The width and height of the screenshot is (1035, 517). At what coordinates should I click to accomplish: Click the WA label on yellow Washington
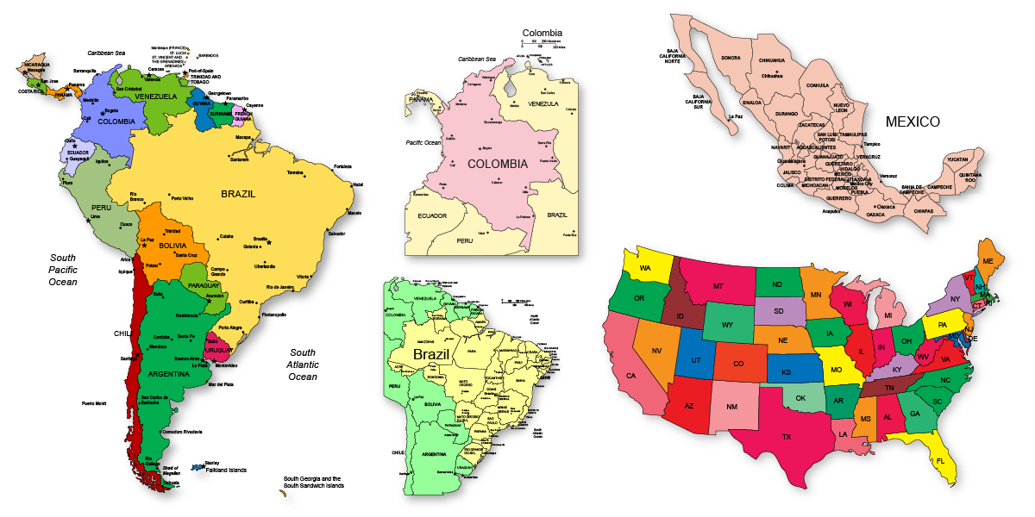(645, 268)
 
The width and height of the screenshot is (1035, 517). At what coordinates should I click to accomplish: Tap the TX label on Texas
(787, 437)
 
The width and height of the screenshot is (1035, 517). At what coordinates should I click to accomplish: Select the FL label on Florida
(941, 461)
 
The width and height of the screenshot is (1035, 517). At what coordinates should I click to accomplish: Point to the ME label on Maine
(988, 260)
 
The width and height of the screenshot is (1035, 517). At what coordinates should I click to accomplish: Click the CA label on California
(630, 376)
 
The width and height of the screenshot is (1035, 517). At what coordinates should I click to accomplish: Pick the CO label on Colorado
(738, 364)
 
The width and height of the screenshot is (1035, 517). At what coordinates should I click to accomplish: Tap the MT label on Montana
(718, 286)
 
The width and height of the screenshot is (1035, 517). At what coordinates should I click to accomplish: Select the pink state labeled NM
(732, 407)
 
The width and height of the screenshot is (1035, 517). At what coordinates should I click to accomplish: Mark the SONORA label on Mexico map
(731, 58)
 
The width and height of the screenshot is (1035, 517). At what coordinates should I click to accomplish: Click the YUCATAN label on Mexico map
(957, 159)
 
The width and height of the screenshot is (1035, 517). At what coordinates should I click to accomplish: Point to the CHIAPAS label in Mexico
(924, 210)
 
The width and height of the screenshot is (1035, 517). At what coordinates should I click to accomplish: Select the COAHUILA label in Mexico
(817, 85)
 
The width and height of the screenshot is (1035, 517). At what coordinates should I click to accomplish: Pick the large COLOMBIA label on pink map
(498, 163)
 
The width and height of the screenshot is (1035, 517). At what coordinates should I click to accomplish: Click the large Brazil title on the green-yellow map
(430, 354)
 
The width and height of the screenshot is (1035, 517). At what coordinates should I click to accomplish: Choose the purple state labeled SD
(779, 311)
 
